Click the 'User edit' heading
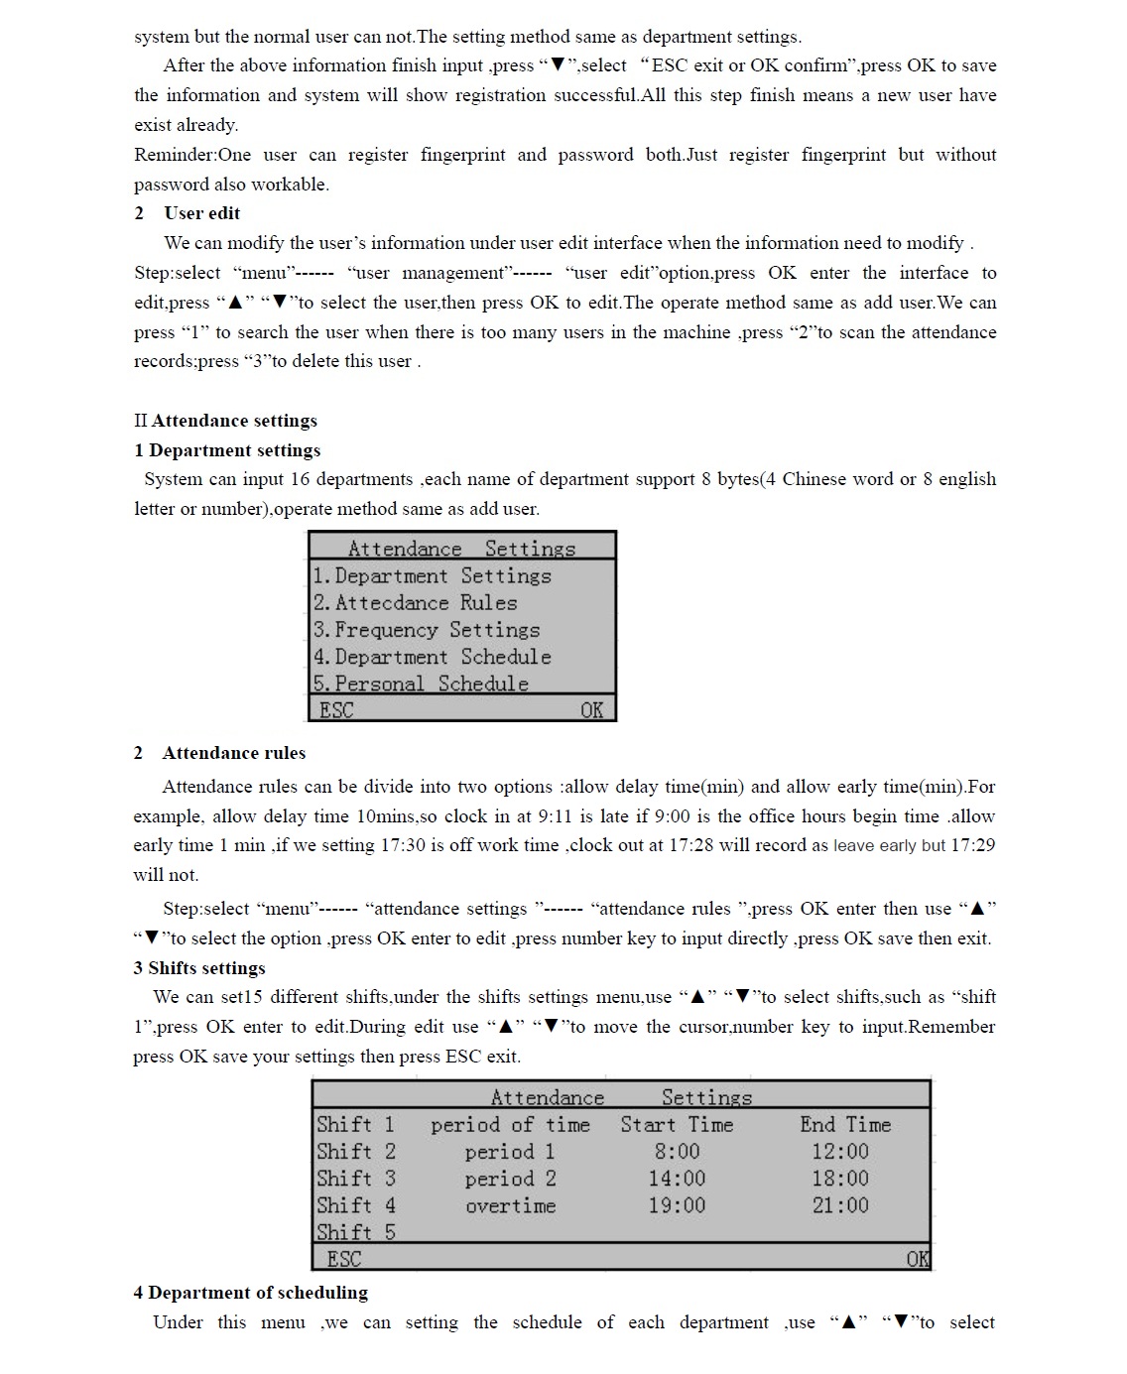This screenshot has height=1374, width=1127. [x=201, y=213]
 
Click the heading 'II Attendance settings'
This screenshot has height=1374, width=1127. [x=225, y=421]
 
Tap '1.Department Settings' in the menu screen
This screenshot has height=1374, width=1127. [x=432, y=576]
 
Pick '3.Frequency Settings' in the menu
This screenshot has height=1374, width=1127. [x=427, y=630]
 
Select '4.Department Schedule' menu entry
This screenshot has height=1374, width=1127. [x=432, y=657]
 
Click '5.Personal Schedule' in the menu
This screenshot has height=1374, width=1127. [x=421, y=684]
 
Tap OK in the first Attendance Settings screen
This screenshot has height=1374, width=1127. [x=591, y=710]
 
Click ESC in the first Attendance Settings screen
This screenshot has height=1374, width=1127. [x=336, y=710]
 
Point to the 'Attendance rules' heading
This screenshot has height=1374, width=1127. [x=234, y=753]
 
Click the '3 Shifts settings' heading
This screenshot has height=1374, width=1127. [x=199, y=968]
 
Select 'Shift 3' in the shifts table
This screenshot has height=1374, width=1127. [x=356, y=1179]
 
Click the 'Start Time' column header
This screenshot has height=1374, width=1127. [x=677, y=1125]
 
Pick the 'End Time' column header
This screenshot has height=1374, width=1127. [x=845, y=1125]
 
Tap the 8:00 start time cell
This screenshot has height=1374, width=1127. [x=677, y=1152]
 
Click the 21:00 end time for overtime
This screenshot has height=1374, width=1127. [x=840, y=1205]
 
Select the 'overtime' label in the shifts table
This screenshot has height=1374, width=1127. [x=511, y=1206]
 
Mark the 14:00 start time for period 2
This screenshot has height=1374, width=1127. [x=677, y=1179]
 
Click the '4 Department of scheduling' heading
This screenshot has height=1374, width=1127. [x=250, y=1293]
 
